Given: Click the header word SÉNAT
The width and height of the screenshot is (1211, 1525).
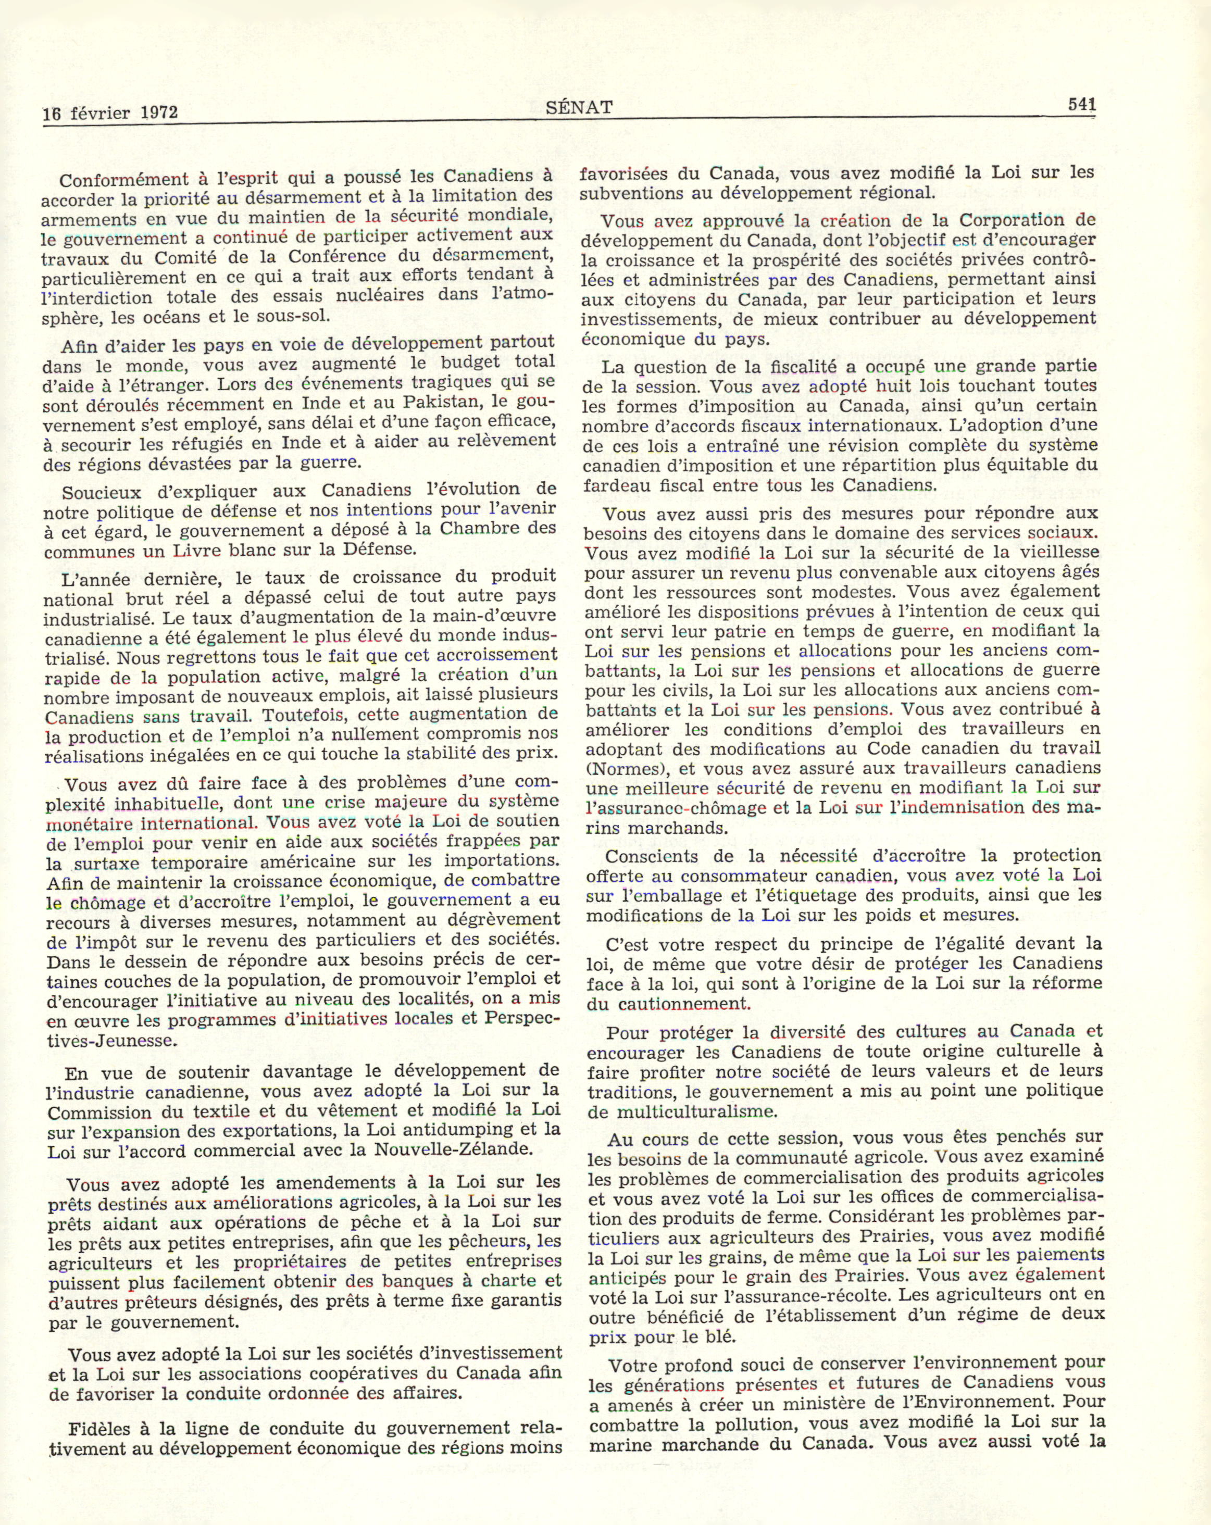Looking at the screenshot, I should point(579,107).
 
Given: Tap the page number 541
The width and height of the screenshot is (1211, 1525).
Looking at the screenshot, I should point(1081,105).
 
